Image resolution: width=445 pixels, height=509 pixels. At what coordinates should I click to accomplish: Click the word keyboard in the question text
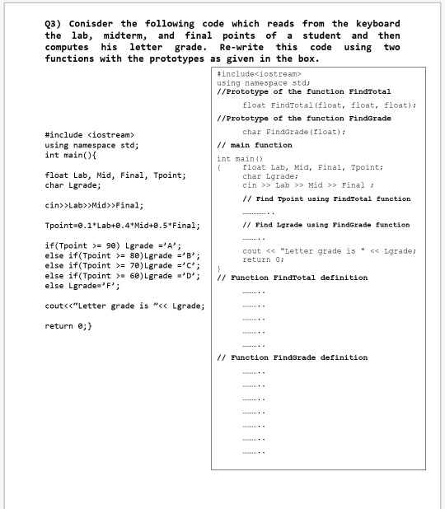pos(378,23)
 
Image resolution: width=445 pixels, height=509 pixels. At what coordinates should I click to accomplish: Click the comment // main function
pos(254,145)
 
